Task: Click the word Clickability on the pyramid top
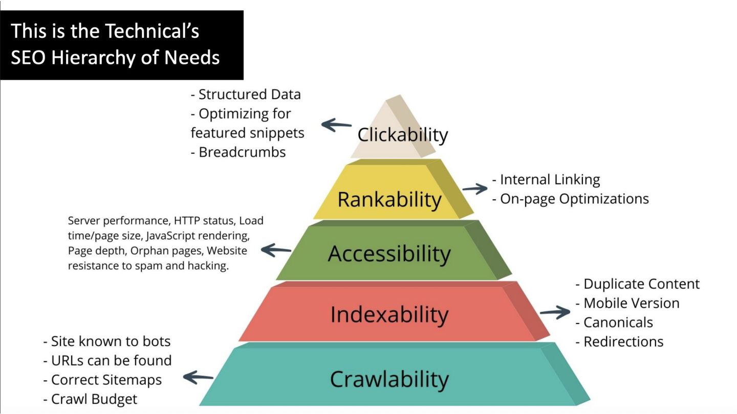click(402, 135)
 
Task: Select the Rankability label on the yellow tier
click(389, 199)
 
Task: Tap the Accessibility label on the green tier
click(389, 254)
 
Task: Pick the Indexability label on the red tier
click(389, 314)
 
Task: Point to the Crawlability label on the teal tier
click(389, 379)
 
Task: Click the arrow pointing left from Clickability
click(336, 124)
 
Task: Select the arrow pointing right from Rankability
click(474, 189)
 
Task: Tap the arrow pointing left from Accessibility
click(276, 250)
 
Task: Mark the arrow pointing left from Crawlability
click(198, 378)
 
